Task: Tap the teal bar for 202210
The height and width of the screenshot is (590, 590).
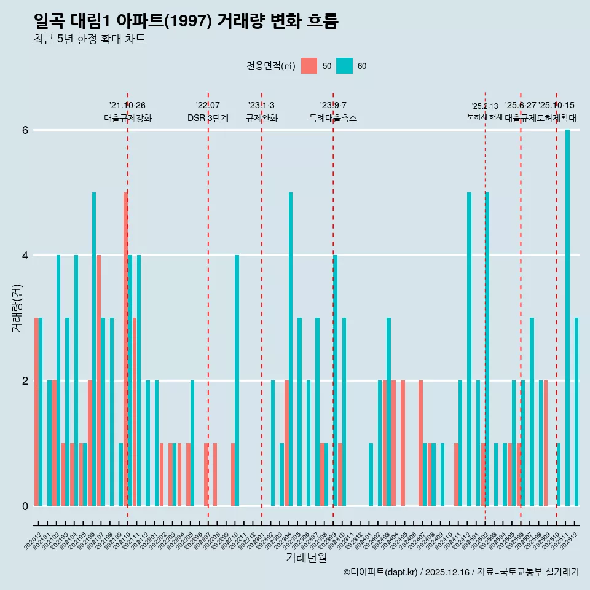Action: point(237,380)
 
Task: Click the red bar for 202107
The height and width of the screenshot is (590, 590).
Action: point(99,380)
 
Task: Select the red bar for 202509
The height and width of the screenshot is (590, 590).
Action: point(545,443)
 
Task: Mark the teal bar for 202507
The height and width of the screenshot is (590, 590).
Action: point(532,412)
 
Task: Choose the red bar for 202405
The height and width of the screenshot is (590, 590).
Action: point(403,443)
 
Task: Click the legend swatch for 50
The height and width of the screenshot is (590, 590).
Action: point(309,66)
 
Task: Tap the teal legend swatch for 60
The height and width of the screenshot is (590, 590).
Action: point(344,66)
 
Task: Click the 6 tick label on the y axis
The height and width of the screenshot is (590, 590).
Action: point(25,130)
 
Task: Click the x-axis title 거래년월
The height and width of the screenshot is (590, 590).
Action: point(306,557)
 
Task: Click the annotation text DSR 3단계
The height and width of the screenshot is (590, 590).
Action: point(208,118)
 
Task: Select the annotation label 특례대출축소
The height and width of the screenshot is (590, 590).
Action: point(332,118)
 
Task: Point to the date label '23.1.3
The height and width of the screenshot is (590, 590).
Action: point(261,106)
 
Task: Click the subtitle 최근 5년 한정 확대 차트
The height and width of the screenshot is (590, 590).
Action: point(90,39)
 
